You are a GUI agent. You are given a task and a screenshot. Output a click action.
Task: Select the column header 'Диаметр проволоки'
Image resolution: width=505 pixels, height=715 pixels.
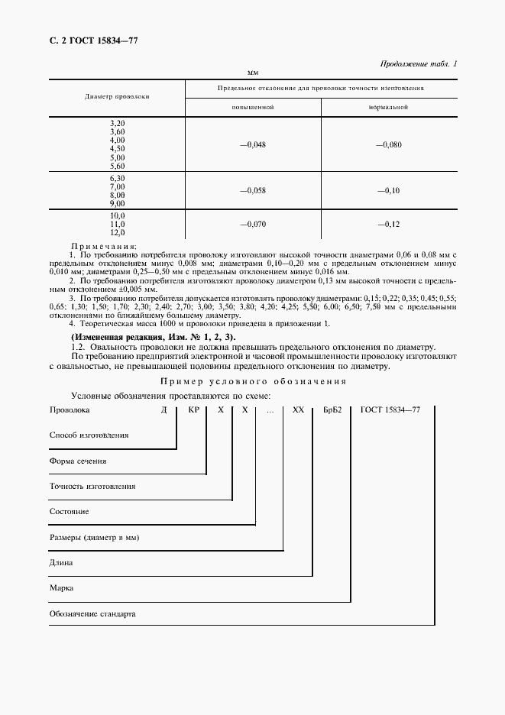pos(117,97)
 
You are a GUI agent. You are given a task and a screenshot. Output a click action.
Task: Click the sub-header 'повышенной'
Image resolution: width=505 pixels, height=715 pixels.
pos(252,107)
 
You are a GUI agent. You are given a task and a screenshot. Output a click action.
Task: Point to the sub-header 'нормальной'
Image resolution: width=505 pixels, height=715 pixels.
pos(388,107)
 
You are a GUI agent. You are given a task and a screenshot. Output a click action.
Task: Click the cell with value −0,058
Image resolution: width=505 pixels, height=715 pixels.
pos(252,190)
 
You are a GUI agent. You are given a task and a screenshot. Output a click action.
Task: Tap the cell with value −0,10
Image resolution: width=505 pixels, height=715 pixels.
pos(388,190)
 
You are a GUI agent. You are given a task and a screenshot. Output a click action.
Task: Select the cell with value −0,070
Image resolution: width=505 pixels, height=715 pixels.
pos(252,225)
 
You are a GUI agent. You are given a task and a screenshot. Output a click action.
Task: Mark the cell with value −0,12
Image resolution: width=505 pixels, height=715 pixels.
pos(388,225)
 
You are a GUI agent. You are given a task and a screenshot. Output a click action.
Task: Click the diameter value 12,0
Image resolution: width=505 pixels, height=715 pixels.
pos(117,232)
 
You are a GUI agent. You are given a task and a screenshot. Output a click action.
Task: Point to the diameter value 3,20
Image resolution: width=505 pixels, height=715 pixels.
pos(117,123)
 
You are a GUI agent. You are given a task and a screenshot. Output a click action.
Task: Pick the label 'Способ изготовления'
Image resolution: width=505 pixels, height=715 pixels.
pos(89,435)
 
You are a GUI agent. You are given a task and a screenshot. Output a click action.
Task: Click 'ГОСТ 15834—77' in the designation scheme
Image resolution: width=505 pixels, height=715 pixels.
pos(390,410)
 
